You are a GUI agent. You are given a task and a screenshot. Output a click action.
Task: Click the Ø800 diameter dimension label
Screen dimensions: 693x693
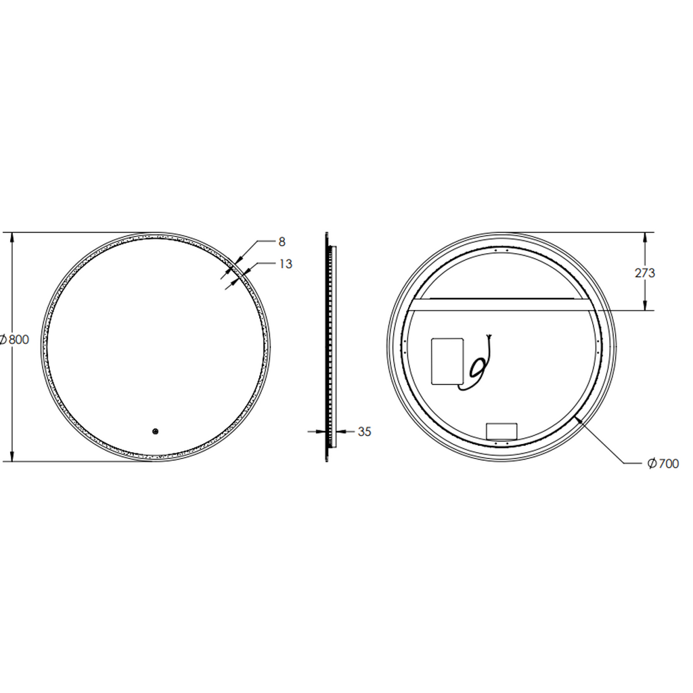pos(14,340)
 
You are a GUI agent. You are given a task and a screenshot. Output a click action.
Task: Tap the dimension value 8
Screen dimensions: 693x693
pos(282,242)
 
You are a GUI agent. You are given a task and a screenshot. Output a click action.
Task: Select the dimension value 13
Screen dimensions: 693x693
pos(286,264)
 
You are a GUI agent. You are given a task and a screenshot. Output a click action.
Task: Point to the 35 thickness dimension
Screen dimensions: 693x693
pos(364,432)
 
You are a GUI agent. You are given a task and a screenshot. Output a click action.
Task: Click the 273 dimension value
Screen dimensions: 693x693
pos(645,273)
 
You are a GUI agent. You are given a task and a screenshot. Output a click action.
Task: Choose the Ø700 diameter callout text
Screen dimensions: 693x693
pos(663,463)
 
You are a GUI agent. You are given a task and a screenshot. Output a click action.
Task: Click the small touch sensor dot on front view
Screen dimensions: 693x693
pos(155,431)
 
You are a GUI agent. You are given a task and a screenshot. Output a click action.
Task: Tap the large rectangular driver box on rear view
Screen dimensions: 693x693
pos(447,361)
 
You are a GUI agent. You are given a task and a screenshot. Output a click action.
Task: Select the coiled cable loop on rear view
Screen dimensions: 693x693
pos(478,367)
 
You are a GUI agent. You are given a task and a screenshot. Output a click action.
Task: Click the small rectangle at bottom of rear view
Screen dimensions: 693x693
pos(501,431)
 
